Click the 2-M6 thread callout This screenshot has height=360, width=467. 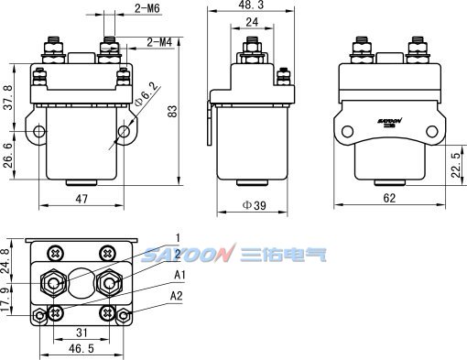tap(147, 8)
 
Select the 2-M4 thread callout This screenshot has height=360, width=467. tap(159, 42)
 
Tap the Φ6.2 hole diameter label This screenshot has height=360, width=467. tap(147, 93)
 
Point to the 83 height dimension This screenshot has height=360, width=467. tap(173, 111)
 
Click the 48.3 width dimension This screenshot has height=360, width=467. tap(251, 5)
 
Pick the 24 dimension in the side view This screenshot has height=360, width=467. tap(252, 22)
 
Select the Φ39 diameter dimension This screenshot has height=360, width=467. tap(254, 205)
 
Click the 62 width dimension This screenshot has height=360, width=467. tap(389, 198)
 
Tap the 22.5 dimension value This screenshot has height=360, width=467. tap(456, 165)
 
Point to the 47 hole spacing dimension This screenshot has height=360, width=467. tap(81, 199)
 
